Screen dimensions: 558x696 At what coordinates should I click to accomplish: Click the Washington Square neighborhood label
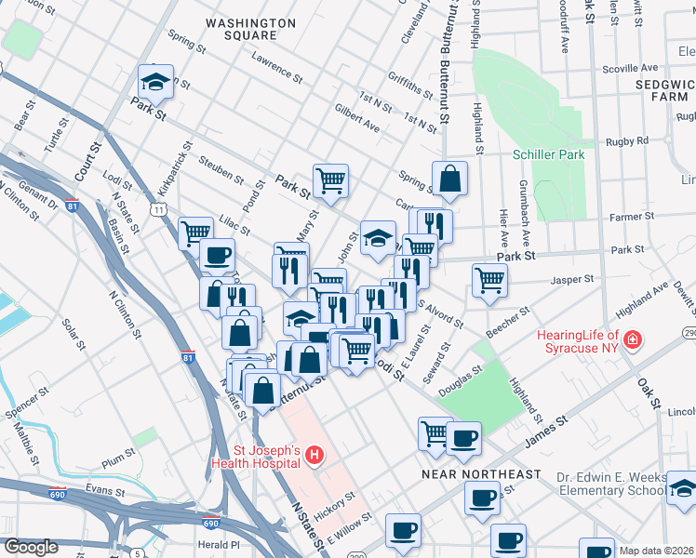point(241,29)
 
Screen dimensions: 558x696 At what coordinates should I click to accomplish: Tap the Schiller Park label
point(549,154)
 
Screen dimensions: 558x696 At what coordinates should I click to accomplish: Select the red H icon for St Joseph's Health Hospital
point(315,455)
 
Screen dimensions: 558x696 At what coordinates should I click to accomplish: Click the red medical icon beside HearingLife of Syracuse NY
point(634,340)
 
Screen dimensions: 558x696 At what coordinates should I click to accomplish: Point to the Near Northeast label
point(480,474)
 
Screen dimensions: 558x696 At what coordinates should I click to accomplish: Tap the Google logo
point(31,547)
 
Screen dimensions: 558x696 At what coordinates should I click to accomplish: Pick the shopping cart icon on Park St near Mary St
point(330,180)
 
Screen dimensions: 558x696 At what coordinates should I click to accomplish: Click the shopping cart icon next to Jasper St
point(489,280)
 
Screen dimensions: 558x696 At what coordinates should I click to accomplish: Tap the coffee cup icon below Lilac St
point(218,255)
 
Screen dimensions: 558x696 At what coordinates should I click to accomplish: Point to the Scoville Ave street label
point(630,68)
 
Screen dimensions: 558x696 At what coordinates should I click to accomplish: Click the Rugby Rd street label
point(627,141)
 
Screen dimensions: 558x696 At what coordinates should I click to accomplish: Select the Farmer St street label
point(626,218)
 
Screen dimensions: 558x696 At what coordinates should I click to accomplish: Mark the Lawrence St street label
point(277,67)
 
